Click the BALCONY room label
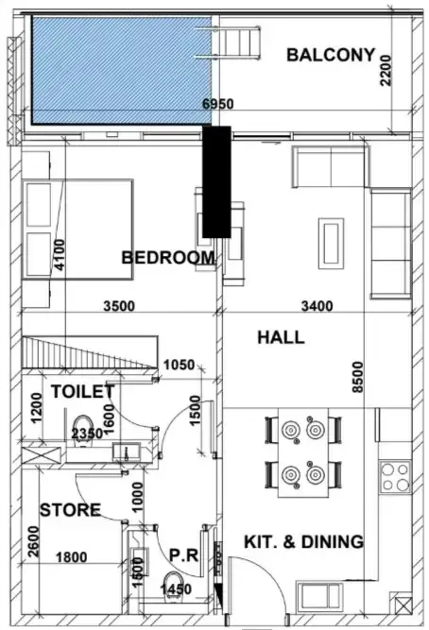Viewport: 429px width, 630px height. (x=331, y=55)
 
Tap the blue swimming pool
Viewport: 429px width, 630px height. (x=122, y=70)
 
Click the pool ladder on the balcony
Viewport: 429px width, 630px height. (x=228, y=43)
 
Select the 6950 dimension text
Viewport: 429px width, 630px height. (x=217, y=104)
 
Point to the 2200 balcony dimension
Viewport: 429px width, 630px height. (x=386, y=70)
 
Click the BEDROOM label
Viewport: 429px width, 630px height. (x=168, y=257)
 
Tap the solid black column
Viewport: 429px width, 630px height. (x=216, y=182)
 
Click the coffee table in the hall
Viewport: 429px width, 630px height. (x=331, y=244)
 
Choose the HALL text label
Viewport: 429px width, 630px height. (x=281, y=337)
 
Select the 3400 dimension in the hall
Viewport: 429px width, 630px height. (x=317, y=306)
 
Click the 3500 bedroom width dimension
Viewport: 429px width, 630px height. (x=119, y=306)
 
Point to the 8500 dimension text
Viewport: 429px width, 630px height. (x=357, y=377)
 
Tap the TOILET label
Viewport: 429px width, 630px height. (x=83, y=391)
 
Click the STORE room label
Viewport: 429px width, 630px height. (x=70, y=510)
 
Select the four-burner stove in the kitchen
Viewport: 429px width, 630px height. (x=395, y=477)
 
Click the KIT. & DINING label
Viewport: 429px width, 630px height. (x=303, y=541)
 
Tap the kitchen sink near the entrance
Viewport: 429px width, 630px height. (x=319, y=597)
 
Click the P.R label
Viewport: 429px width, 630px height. (x=183, y=555)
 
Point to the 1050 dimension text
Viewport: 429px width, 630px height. (x=179, y=365)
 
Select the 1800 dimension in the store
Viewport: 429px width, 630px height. (x=71, y=557)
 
